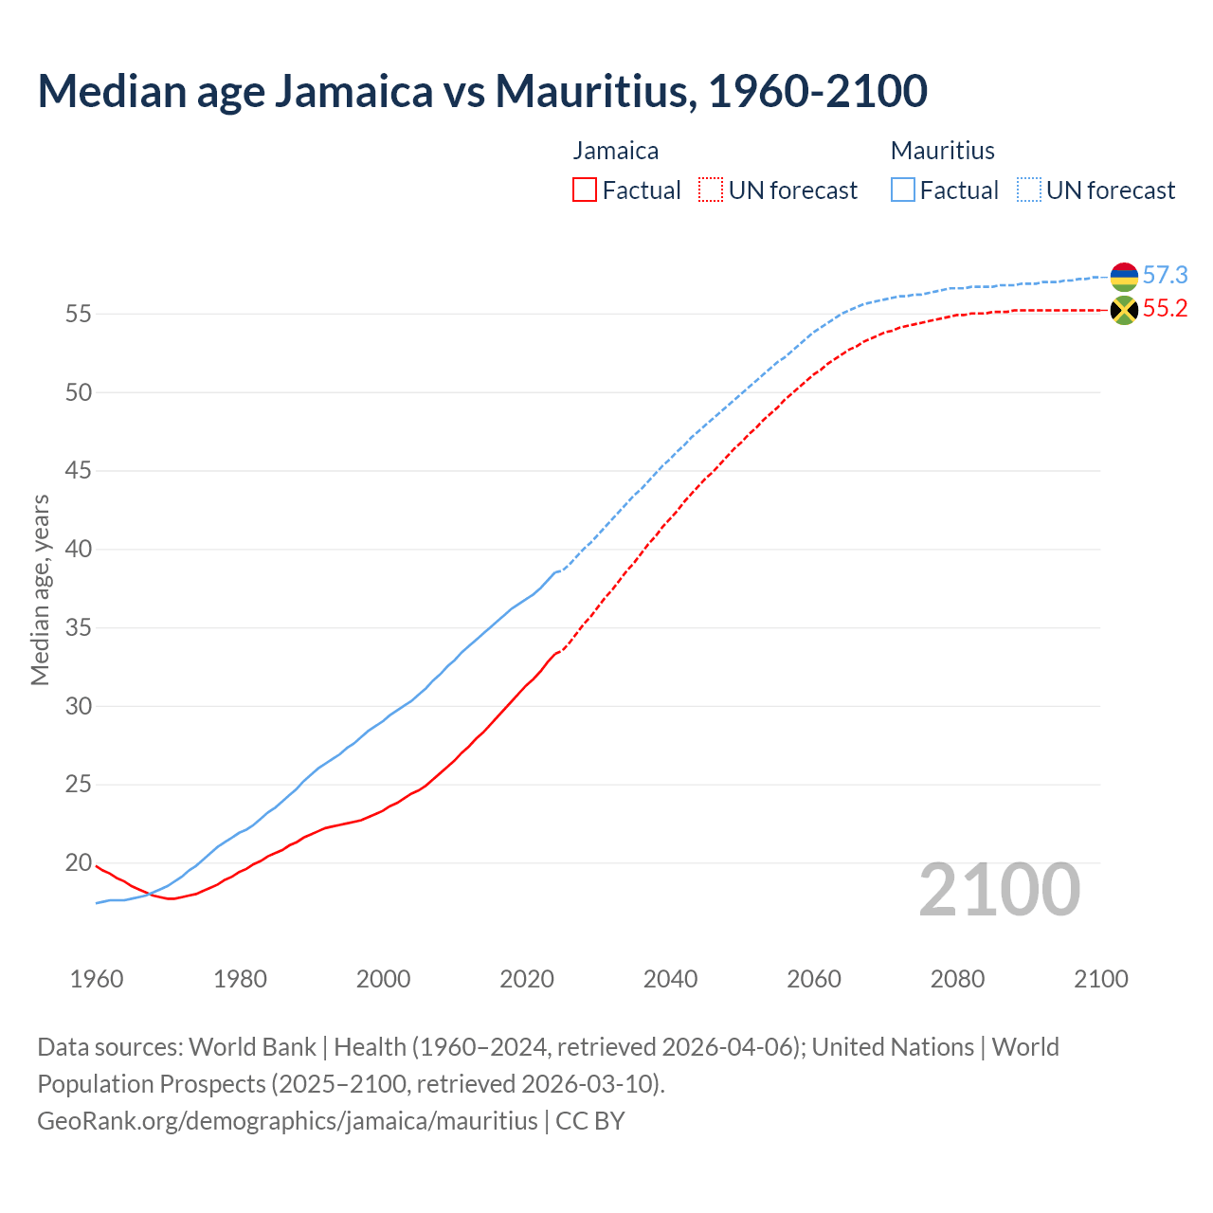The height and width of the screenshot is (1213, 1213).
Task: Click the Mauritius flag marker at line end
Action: coord(1124,277)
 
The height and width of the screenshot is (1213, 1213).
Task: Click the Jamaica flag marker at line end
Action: coord(1124,310)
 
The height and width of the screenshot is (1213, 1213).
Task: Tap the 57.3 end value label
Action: coord(1165,276)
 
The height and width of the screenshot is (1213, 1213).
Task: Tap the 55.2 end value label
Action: coord(1165,309)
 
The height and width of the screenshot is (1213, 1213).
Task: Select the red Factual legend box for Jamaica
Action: coord(585,190)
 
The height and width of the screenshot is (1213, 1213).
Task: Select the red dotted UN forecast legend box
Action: coord(711,190)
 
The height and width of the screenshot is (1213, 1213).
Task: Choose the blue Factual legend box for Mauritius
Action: coord(903,190)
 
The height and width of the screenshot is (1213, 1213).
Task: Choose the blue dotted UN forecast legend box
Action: coord(1029,190)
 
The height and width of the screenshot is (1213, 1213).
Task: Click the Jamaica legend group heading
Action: coord(615,151)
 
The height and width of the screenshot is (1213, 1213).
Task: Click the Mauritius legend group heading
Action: coord(942,151)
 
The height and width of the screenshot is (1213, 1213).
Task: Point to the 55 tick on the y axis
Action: coord(78,314)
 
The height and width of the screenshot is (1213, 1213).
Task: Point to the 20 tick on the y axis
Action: coord(78,863)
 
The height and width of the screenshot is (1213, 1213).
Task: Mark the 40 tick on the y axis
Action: coord(78,550)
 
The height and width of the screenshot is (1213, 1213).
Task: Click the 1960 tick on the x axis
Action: coord(97,979)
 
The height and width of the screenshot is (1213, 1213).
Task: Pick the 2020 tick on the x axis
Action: coord(527,979)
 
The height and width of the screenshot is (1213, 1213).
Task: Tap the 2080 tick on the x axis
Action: coord(957,979)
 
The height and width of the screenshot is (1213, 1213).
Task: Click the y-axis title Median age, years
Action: coord(40,589)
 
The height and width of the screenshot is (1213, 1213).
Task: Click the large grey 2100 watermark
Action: coord(999,890)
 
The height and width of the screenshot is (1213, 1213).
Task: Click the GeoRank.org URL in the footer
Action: coord(287,1121)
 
